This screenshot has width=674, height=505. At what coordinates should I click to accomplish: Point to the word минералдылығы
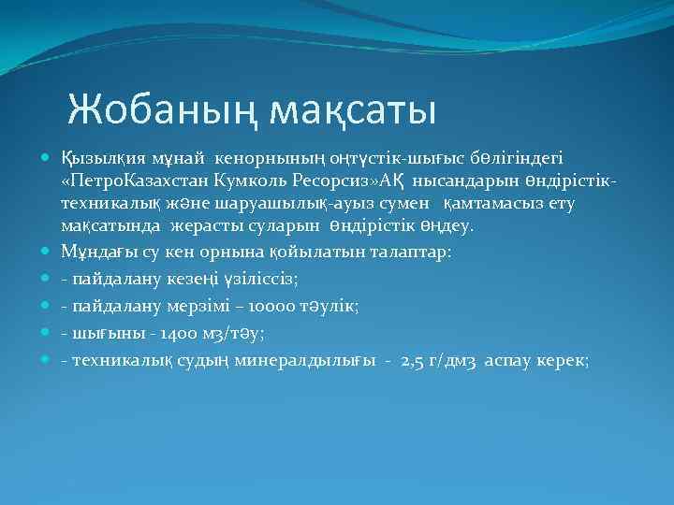click(306, 359)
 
